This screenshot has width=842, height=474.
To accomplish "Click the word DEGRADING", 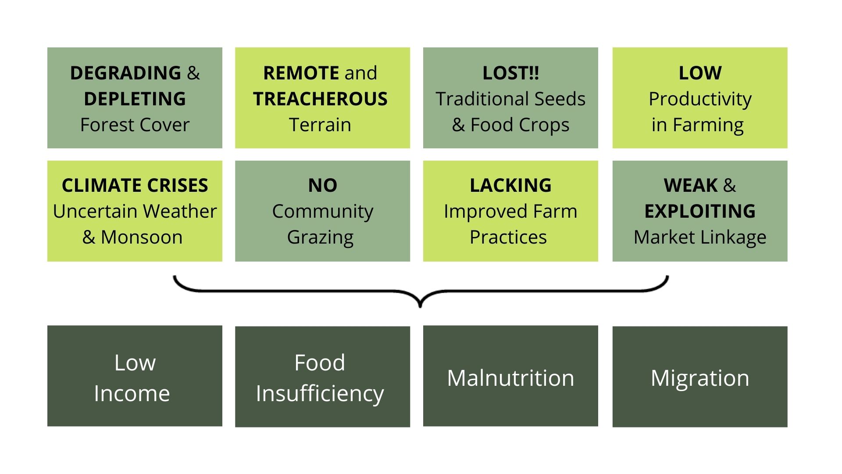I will pos(125,73).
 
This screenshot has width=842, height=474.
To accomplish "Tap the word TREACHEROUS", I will pos(320,99).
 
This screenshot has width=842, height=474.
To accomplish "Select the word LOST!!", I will pos(510,73).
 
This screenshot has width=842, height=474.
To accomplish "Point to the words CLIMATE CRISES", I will pos(135,185).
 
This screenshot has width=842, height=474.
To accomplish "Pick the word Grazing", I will pos(320,237).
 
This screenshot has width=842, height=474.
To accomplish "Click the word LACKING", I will pos(510,185).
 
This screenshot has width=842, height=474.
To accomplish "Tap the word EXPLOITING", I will pos(700,211).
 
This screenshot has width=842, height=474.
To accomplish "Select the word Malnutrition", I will pos(510,377).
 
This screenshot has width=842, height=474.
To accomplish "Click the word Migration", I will pos(700,377).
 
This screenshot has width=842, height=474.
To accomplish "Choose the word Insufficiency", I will pos(320,393).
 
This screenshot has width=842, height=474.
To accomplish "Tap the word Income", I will pos(132,393).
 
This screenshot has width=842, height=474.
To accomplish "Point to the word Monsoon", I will pos(141,237).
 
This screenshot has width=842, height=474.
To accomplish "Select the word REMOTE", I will pos(301,73).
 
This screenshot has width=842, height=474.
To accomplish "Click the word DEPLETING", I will pos(135,99).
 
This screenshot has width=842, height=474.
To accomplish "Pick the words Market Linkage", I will pos(700,237).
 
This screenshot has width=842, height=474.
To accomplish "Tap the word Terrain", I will pos(320,125).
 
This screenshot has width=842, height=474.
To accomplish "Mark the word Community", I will pos(322,212).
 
